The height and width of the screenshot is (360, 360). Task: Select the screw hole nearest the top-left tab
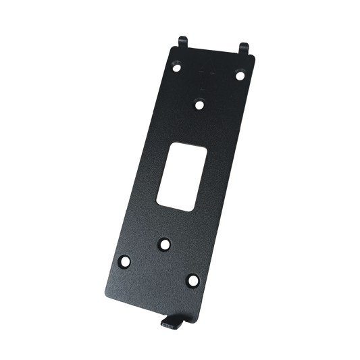[176, 68]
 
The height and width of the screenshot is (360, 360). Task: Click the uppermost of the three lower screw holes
[163, 243]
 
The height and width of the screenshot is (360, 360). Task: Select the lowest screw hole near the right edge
[192, 279]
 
